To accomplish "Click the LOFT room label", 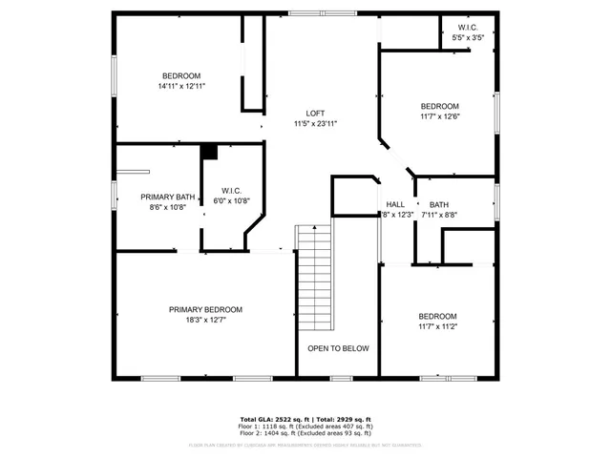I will [x=315, y=113].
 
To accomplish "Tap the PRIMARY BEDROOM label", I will [x=205, y=309].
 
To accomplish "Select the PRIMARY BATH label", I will [x=168, y=198].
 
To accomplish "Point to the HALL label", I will [x=395, y=204].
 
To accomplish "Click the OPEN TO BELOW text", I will [x=338, y=348].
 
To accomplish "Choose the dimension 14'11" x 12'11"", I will [x=181, y=86].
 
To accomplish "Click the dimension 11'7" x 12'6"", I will [x=439, y=116].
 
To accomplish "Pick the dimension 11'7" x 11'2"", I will [x=437, y=326].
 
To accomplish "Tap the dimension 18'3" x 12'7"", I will [x=205, y=320].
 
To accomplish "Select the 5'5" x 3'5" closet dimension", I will [x=468, y=38].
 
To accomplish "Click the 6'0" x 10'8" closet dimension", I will [x=230, y=200].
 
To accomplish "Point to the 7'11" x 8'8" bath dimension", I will [x=438, y=215].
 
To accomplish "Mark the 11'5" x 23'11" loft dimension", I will [x=315, y=123].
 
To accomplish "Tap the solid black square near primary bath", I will [x=209, y=150].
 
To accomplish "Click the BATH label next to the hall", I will [x=438, y=204].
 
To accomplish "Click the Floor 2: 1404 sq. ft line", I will [x=305, y=432].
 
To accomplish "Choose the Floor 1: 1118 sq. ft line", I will [x=305, y=426].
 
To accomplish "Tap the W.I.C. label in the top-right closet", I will [x=468, y=28].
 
